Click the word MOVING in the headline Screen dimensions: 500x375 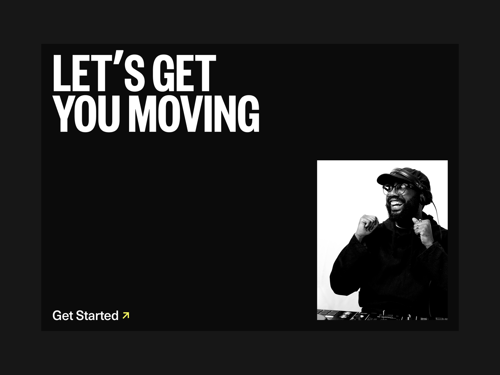coord(194,113)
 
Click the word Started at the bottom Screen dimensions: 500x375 coord(97,316)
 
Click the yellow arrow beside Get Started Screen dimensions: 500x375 coord(126,315)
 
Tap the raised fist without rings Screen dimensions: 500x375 coord(367,224)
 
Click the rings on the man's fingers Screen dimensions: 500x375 coord(418,224)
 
